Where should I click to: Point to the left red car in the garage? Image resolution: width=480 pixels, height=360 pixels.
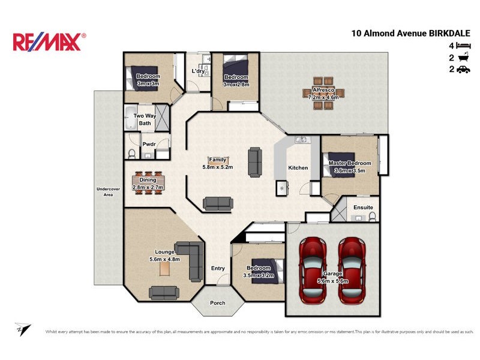click(313, 269)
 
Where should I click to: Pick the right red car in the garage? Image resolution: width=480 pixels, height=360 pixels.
click(350, 269)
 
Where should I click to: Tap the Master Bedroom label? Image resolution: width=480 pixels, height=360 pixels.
click(349, 163)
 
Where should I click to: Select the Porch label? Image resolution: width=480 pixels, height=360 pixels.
click(217, 303)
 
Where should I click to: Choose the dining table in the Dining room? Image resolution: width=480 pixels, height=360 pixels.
click(148, 183)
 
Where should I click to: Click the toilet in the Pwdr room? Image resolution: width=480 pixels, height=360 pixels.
click(131, 153)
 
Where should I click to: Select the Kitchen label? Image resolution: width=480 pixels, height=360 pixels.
click(298, 167)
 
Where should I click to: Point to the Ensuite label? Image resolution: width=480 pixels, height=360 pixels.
click(363, 208)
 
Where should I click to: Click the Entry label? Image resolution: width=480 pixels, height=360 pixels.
click(217, 268)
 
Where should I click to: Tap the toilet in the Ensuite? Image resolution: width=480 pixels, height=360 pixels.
click(372, 216)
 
